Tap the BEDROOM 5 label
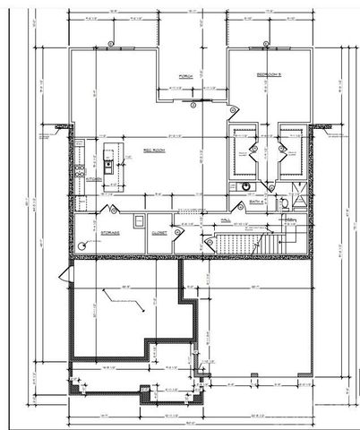pyautogui.click(x=269, y=73)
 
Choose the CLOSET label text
pyautogui.click(x=160, y=232)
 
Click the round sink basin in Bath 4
pyautogui.click(x=244, y=186)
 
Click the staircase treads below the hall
pyautogui.click(x=239, y=244)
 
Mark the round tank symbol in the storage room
pyautogui.click(x=82, y=243)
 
